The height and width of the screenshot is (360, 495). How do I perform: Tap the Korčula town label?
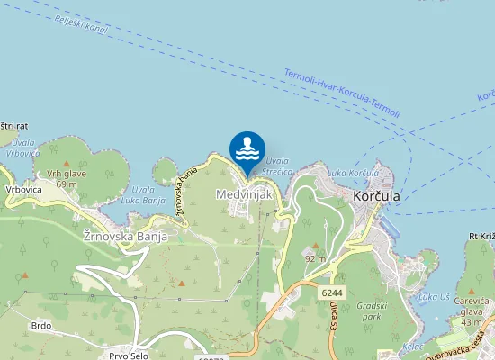click(x=376, y=195)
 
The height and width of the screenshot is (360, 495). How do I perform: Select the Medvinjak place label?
click(x=238, y=193)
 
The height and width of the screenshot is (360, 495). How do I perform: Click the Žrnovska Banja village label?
click(x=124, y=236)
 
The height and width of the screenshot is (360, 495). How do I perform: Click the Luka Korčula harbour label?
click(x=353, y=172)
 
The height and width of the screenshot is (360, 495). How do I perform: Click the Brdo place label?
click(x=40, y=325)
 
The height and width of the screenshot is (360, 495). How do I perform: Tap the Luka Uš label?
click(x=434, y=296)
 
